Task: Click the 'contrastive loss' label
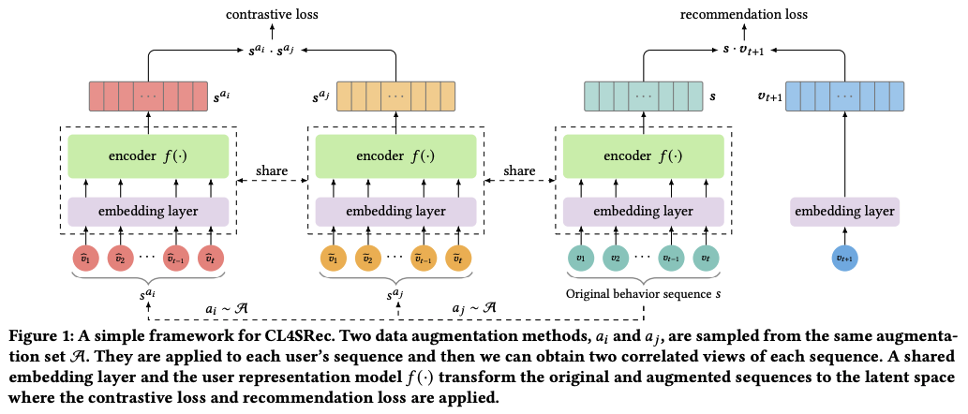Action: tap(272, 13)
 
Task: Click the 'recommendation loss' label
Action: tap(743, 13)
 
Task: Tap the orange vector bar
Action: tap(395, 96)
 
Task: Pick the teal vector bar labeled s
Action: tap(643, 96)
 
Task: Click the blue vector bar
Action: tap(844, 96)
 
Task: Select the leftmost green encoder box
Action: tap(147, 155)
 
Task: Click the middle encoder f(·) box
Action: tap(395, 155)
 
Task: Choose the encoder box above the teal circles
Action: tap(643, 155)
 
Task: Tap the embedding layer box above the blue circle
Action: tap(844, 212)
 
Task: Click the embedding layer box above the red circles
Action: tap(147, 212)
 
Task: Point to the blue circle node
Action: tap(844, 258)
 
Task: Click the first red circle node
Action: tap(86, 258)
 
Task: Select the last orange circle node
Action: tap(458, 258)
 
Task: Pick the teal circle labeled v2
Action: tap(616, 258)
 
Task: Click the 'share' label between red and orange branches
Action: tap(272, 170)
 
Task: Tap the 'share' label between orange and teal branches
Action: tap(520, 170)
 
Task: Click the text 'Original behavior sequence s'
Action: tap(643, 294)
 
